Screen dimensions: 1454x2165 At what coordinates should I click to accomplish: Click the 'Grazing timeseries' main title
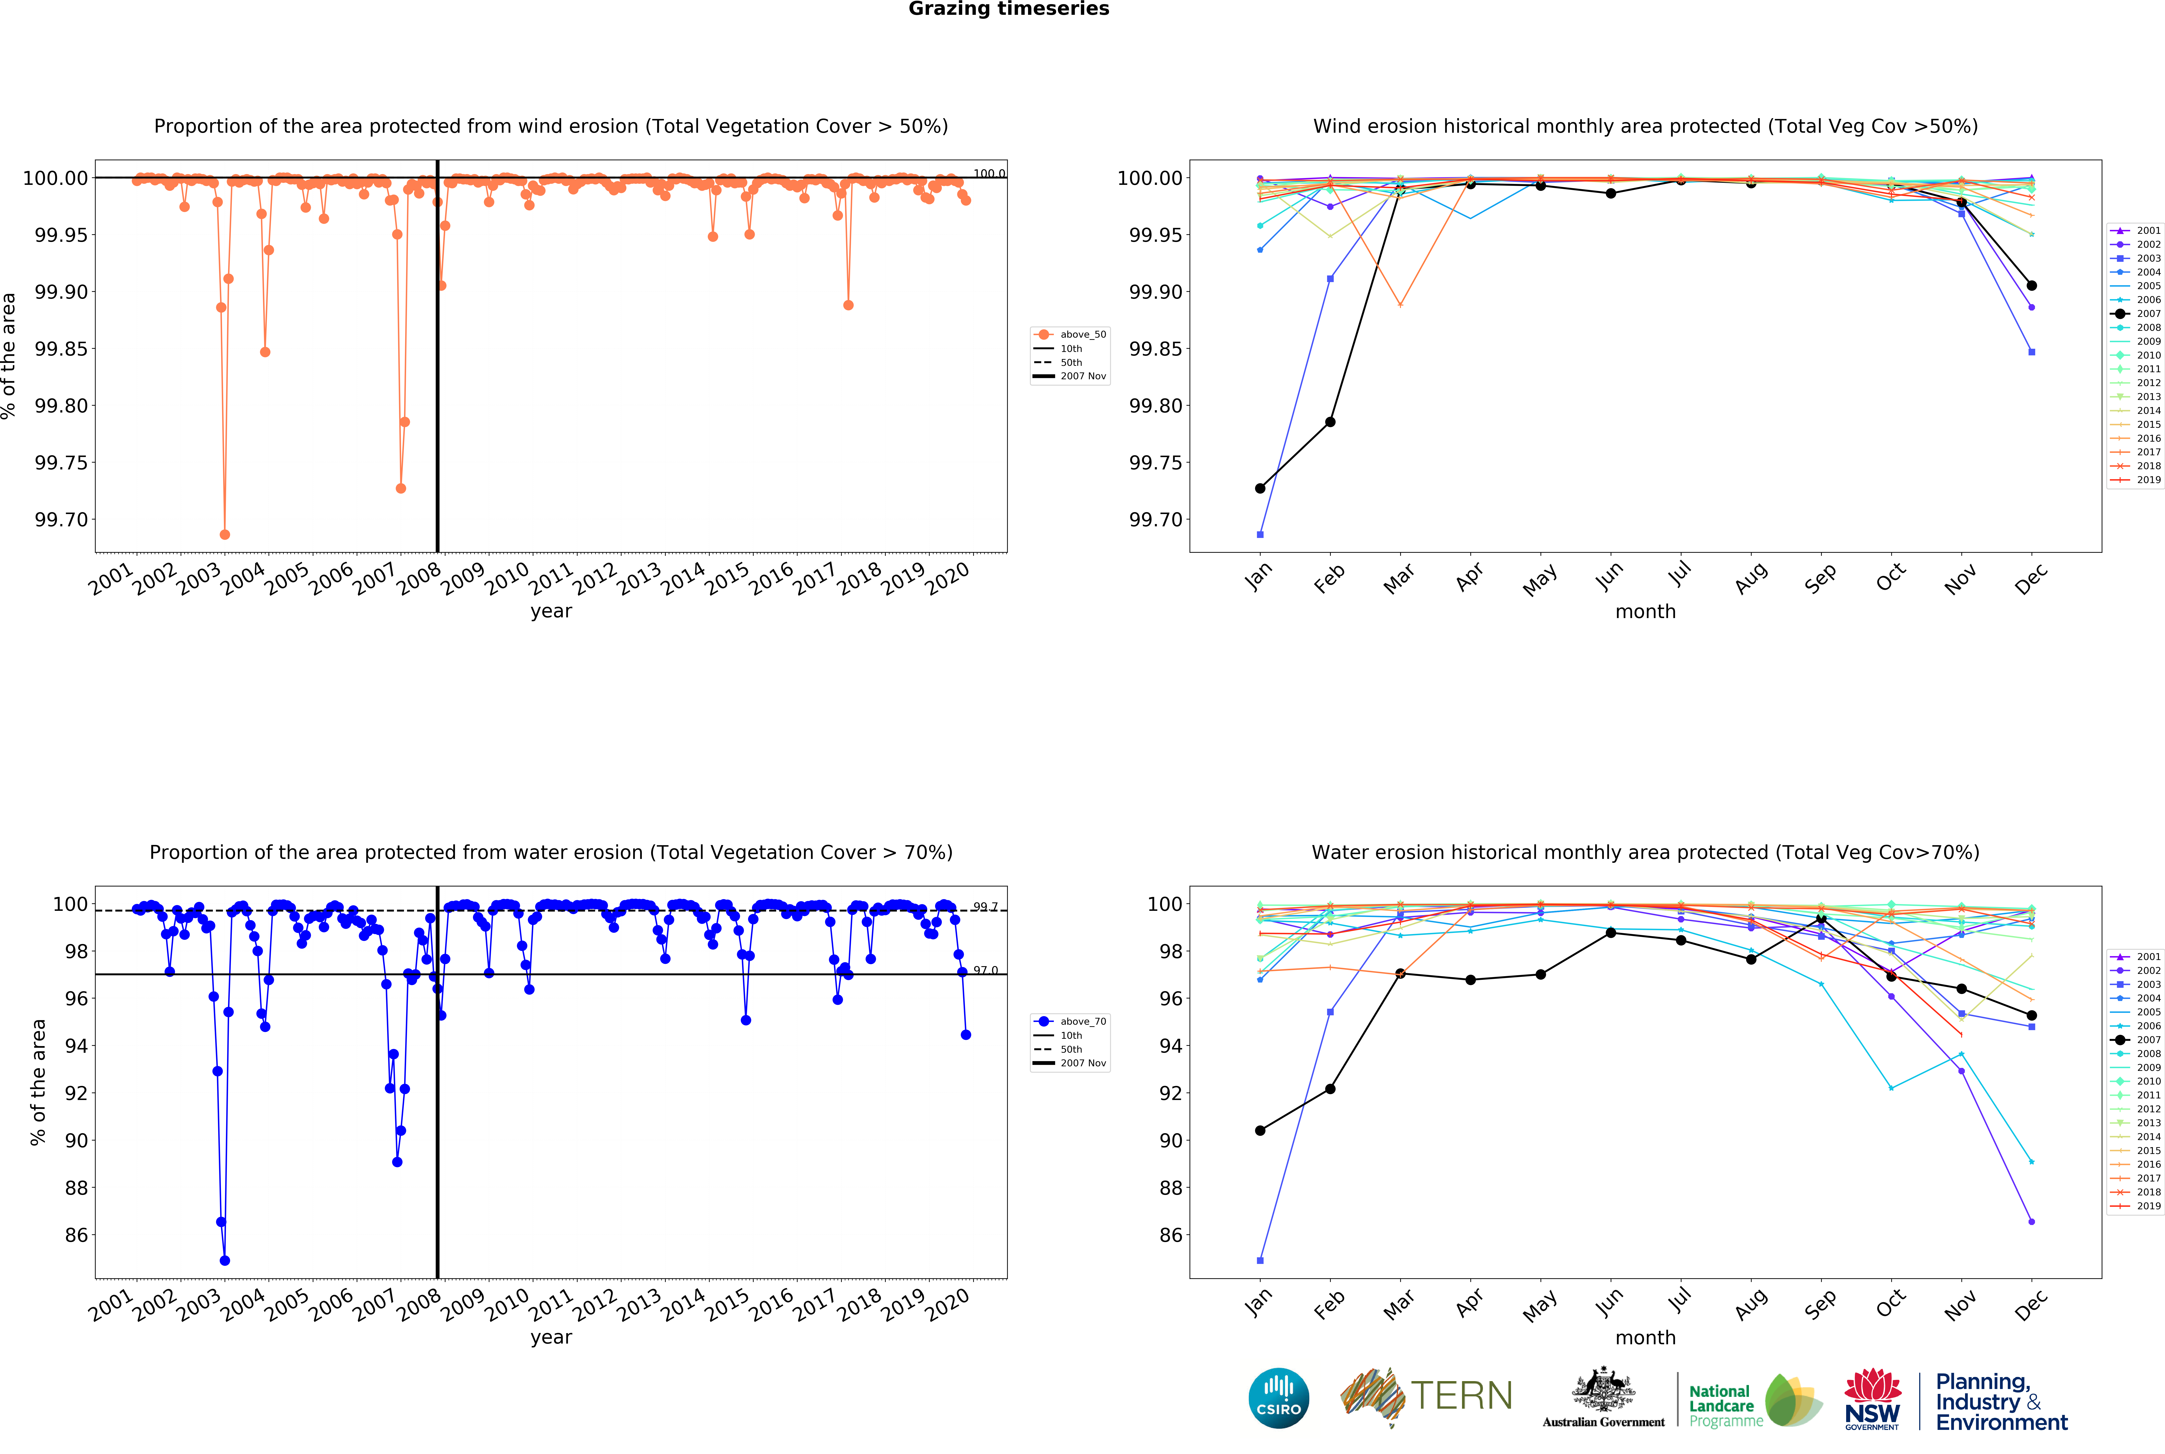pyautogui.click(x=1008, y=9)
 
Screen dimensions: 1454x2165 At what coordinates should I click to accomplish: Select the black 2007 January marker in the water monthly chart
pyautogui.click(x=1260, y=1130)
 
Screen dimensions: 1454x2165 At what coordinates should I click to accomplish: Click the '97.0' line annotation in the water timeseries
pyautogui.click(x=985, y=970)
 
